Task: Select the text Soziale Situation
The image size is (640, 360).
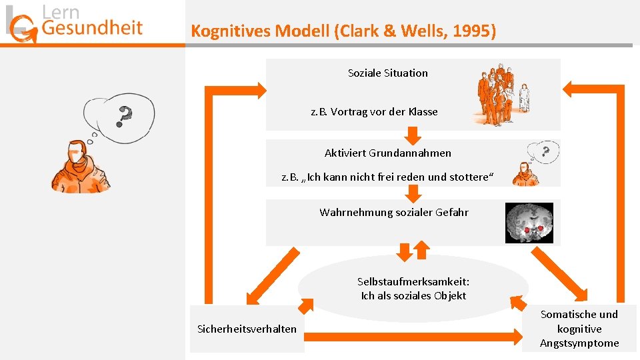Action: tap(387, 73)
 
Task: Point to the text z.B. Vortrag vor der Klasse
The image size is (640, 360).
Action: tap(374, 111)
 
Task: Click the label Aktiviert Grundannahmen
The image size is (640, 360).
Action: tap(387, 153)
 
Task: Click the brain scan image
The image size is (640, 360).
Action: tap(529, 223)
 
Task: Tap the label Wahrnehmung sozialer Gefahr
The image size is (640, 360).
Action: tap(393, 212)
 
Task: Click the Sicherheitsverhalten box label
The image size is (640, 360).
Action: tap(247, 329)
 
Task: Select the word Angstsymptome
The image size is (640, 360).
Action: tap(579, 343)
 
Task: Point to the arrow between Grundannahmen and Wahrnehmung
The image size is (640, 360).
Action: tap(413, 193)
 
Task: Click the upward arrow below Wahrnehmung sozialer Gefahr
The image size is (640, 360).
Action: tap(421, 249)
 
